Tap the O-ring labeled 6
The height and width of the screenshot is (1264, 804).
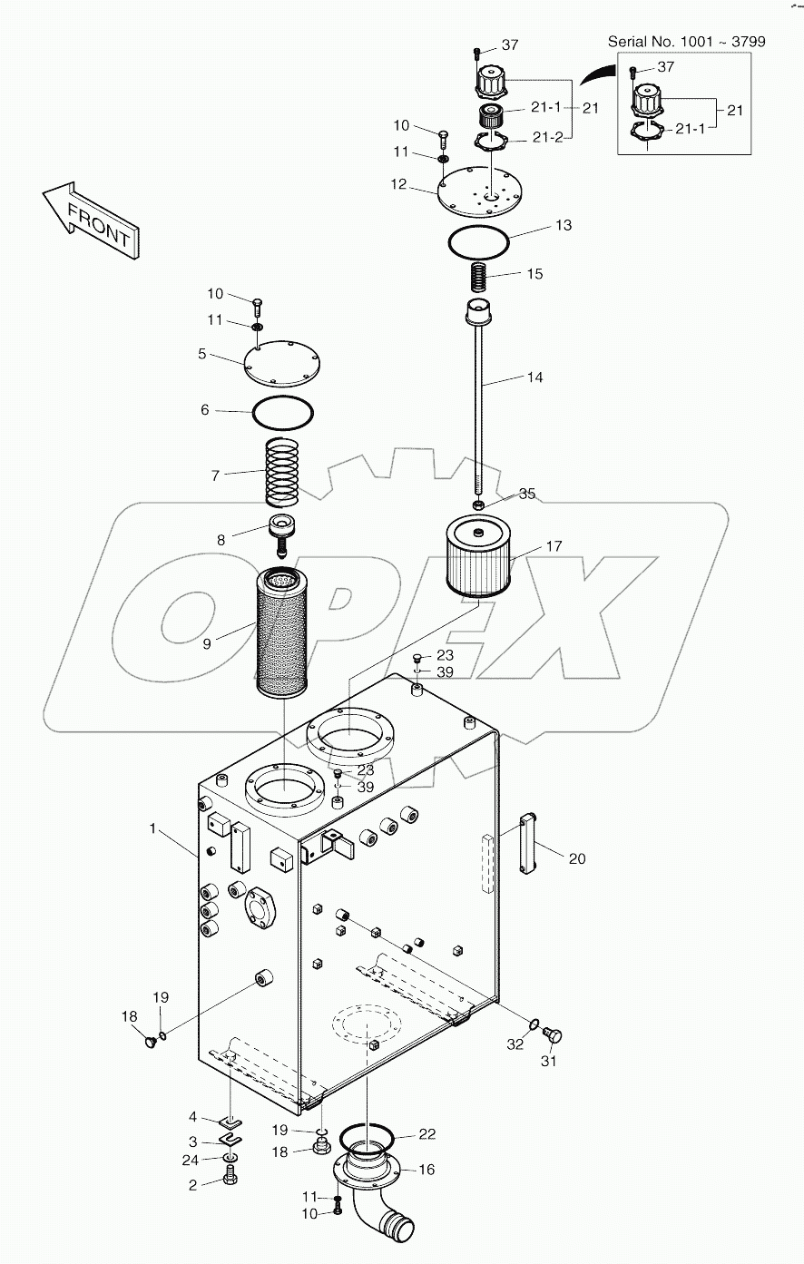[x=283, y=414]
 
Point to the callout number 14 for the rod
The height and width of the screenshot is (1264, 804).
[x=535, y=377]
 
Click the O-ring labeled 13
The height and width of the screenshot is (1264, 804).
[x=478, y=243]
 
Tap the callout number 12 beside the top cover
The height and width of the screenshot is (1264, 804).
[x=398, y=184]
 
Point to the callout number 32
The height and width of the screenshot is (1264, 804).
[x=515, y=1045]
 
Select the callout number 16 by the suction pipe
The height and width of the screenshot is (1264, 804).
[x=426, y=1170]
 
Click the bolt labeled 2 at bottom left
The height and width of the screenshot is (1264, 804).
[x=230, y=1180]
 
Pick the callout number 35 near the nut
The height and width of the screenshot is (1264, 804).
[x=527, y=494]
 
